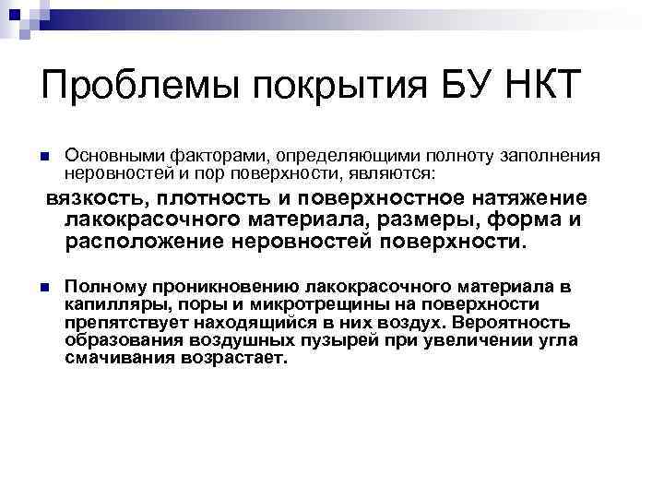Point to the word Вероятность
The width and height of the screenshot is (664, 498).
click(x=511, y=322)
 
